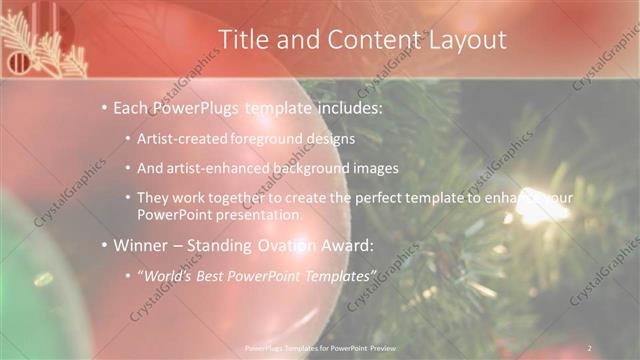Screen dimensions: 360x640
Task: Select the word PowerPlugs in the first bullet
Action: [x=196, y=107]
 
